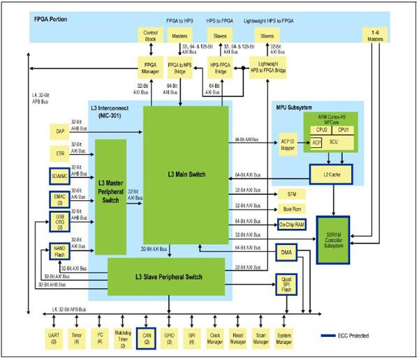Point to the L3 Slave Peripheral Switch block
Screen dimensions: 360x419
[x=166, y=277]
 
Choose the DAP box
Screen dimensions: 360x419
[x=60, y=131]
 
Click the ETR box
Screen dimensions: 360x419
[x=60, y=153]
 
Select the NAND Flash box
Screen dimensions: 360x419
[x=61, y=250]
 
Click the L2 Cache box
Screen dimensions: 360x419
[x=332, y=172]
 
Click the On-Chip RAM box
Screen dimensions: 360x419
[x=292, y=225]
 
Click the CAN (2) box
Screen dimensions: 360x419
[x=146, y=338]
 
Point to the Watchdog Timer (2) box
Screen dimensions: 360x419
[x=122, y=338]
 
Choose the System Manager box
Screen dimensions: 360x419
[x=284, y=338]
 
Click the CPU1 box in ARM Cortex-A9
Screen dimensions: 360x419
[x=343, y=130]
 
